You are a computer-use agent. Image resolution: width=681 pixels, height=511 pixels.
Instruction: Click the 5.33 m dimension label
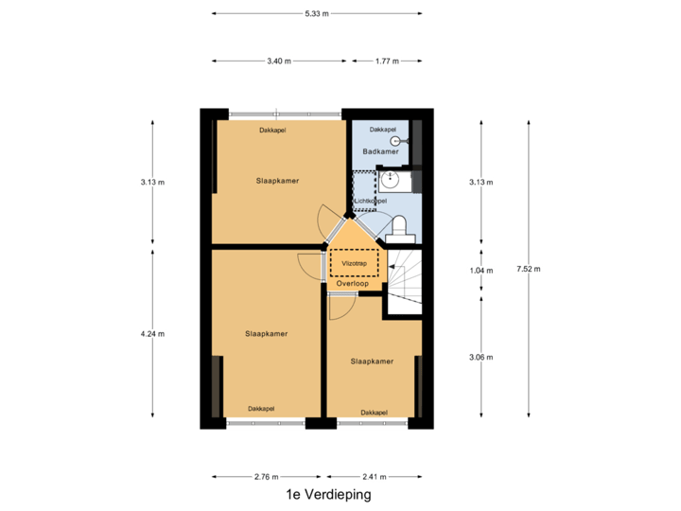point(317,13)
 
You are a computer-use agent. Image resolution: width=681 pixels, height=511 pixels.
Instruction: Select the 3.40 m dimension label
point(279,61)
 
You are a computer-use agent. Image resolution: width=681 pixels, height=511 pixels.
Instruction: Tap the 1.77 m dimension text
point(387,61)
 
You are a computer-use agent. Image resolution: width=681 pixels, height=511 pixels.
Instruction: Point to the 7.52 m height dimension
point(529,269)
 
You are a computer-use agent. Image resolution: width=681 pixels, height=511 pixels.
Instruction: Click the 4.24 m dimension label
point(152,334)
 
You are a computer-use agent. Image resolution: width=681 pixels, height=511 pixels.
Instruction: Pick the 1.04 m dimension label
point(481,271)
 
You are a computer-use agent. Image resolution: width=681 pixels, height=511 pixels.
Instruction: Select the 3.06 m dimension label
point(481,357)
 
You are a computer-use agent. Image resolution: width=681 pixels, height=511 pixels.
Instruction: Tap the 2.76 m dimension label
point(266,477)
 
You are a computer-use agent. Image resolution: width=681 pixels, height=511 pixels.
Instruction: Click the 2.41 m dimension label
point(374,477)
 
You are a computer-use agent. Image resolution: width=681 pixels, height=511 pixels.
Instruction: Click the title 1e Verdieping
point(328,494)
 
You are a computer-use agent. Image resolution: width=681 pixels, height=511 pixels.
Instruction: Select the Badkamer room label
point(380,151)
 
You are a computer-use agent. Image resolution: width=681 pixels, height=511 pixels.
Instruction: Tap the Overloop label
point(352,283)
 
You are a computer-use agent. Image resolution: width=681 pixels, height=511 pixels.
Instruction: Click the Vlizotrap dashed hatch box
point(354,263)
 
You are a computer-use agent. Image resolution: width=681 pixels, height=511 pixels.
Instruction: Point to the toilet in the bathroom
point(399,229)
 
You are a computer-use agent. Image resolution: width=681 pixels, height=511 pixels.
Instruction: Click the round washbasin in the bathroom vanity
point(391,179)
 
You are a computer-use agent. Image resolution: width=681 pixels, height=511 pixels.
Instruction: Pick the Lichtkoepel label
point(370,201)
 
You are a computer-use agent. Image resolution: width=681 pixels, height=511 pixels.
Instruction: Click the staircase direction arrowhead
point(392,266)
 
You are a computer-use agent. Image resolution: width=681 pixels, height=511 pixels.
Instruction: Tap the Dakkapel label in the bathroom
point(383,129)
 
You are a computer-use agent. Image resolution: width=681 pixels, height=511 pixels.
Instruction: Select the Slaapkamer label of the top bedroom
point(277,181)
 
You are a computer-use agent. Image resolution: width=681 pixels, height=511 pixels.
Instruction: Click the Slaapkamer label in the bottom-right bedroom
point(372,361)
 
